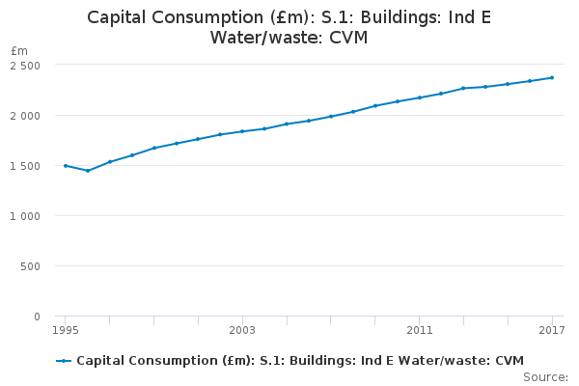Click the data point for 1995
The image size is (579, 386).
[x=66, y=166]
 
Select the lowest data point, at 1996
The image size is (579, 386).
[x=88, y=171]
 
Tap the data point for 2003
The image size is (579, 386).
[x=242, y=131]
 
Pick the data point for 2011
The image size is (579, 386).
[x=419, y=97]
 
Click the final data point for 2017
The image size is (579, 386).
[x=552, y=77]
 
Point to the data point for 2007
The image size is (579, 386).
[x=331, y=117]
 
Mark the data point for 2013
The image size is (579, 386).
[x=463, y=88]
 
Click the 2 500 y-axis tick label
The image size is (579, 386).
[x=25, y=65]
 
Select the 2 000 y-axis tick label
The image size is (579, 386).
[x=25, y=116]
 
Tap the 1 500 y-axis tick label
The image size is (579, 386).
[x=25, y=166]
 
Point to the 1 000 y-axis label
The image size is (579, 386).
[x=25, y=216]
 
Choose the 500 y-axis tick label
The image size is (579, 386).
[x=31, y=266]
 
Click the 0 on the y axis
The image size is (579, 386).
[x=37, y=317]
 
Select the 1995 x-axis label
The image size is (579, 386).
[x=66, y=331]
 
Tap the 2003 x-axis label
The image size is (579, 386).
[x=242, y=331]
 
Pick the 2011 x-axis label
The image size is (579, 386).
[x=419, y=331]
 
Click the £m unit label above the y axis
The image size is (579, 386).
[x=19, y=50]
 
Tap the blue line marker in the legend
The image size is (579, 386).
[x=64, y=361]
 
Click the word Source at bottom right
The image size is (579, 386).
[x=545, y=376]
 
